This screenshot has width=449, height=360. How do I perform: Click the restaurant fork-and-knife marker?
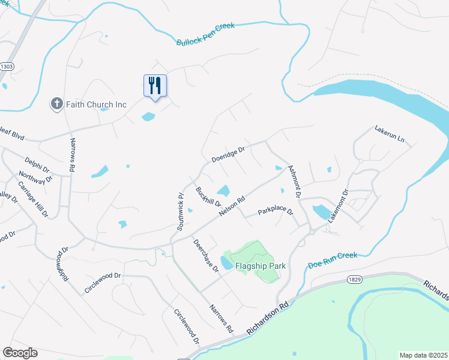155,86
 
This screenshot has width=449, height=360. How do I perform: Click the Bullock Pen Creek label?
205,34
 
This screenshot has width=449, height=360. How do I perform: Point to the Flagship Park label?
259,265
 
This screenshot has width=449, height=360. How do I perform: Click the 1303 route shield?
7,66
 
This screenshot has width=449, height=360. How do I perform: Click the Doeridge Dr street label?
229,154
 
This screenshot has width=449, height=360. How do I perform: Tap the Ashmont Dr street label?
294,182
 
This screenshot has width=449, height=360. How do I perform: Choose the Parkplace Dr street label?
275,212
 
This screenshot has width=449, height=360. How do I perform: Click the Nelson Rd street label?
232,208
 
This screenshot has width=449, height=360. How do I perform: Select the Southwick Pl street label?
179,212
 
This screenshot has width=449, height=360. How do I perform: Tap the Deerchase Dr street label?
206,256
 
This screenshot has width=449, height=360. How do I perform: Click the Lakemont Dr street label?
337,206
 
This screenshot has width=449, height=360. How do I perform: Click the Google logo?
20,353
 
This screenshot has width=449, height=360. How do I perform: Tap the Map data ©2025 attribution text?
423,355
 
